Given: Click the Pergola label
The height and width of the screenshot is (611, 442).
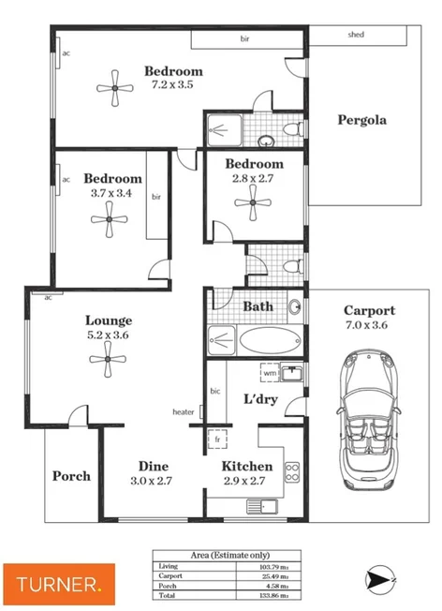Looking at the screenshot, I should [362, 120].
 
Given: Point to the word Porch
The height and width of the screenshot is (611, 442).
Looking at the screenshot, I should [71, 476].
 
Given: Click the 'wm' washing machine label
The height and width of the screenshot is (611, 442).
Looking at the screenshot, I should [269, 372].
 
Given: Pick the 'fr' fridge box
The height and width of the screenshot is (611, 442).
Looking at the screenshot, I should [217, 439].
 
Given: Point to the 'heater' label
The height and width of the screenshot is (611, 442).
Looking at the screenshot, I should [183, 412].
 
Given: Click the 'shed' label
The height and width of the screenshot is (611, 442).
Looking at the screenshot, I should [355, 36].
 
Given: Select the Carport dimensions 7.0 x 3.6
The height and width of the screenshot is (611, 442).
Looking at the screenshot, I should [369, 326].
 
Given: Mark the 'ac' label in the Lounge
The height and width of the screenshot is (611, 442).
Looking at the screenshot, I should [47, 297].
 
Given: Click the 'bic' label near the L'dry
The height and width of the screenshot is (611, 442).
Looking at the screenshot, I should [214, 391].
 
